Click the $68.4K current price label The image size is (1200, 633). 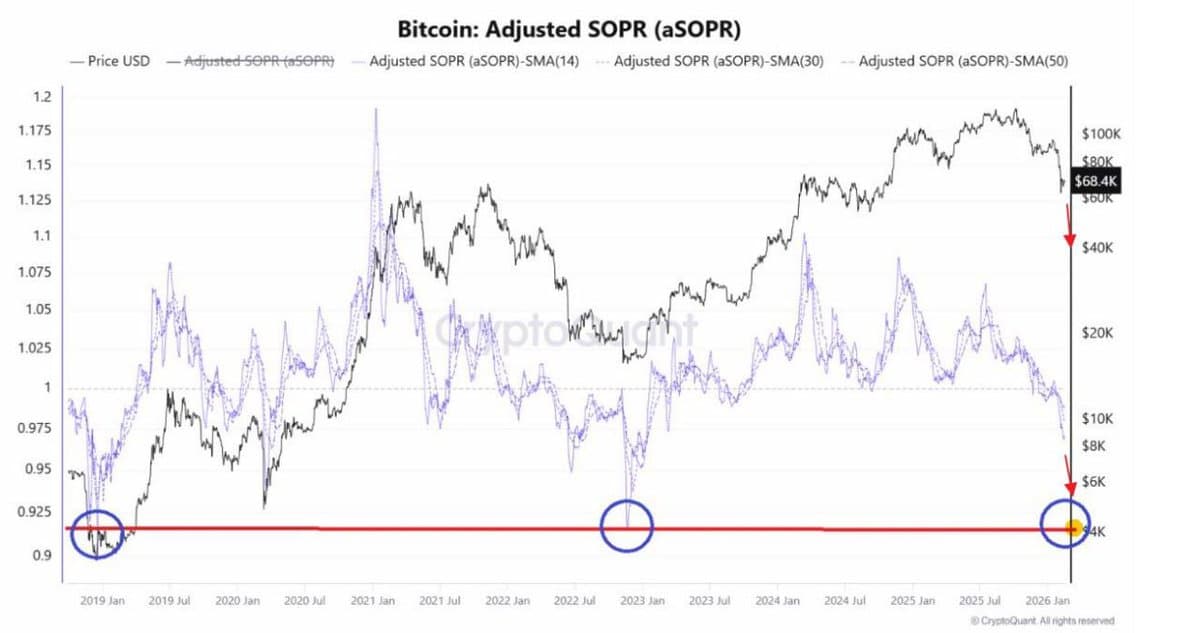point(1096,181)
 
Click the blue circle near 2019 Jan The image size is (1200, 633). point(97,532)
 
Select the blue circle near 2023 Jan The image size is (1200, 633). point(626,524)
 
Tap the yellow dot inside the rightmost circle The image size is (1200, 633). point(1073,528)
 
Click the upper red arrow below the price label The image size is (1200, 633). point(1069,226)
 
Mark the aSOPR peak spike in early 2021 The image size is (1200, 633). point(376,112)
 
